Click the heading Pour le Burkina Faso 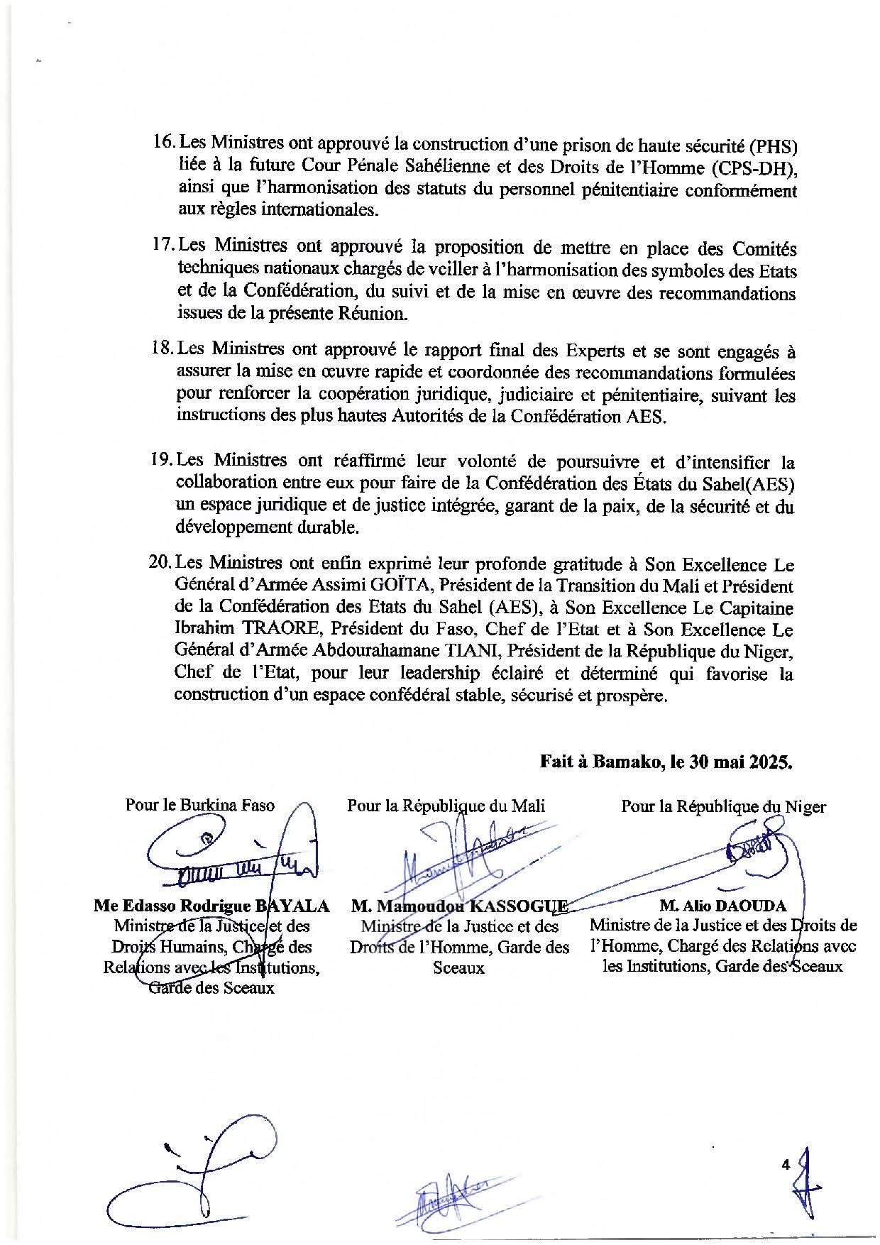[x=199, y=806]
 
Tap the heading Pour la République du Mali [x=446, y=806]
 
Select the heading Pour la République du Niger [x=723, y=807]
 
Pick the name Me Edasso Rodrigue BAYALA [x=211, y=906]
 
